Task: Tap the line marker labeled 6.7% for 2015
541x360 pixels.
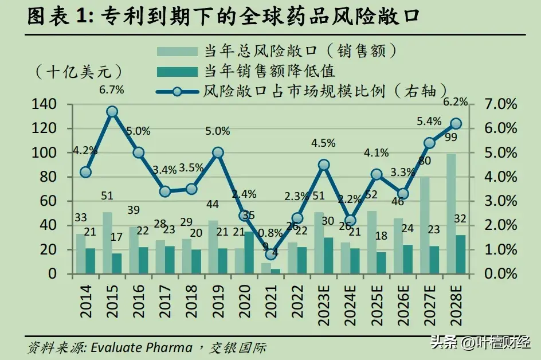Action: (112, 112)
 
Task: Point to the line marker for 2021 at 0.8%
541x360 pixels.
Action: (271, 254)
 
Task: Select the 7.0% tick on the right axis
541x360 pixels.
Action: (501, 104)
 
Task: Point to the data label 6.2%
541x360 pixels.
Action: (456, 102)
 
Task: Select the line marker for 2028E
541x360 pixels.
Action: (456, 123)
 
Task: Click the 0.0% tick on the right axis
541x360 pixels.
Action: (501, 274)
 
